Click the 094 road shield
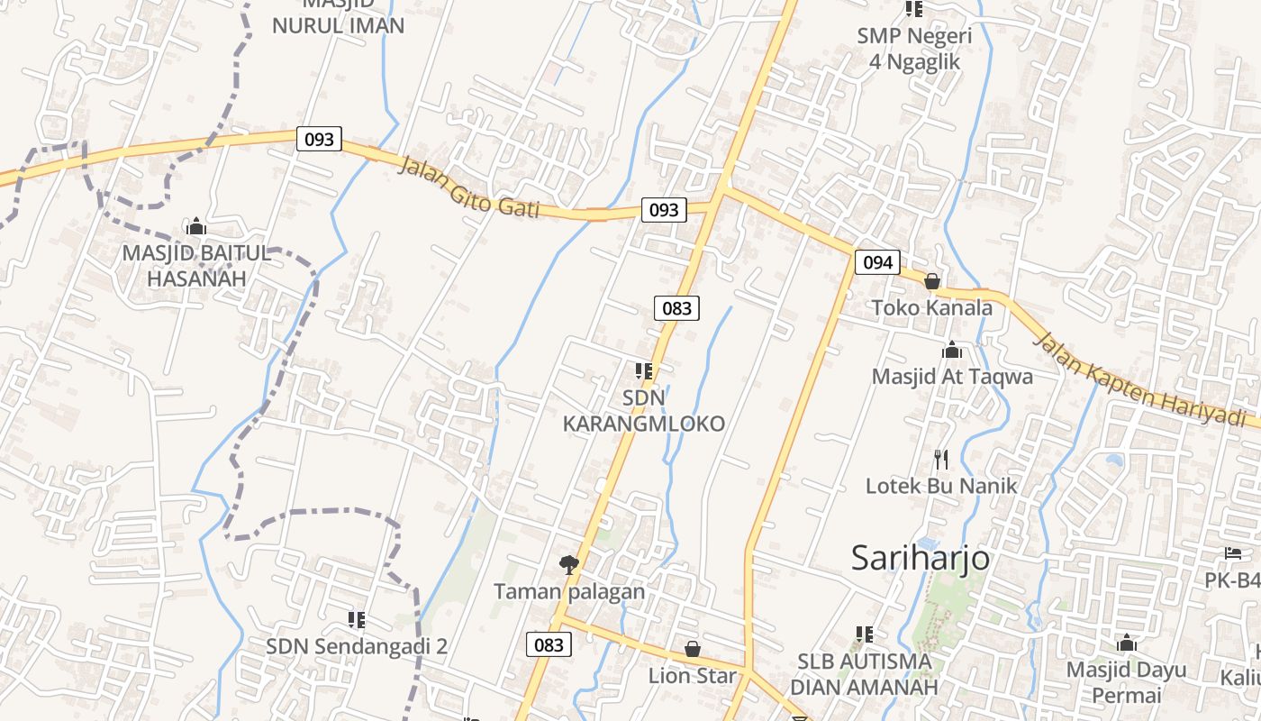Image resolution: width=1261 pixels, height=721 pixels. coord(877,262)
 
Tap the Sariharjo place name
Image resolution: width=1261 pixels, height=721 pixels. coord(921,559)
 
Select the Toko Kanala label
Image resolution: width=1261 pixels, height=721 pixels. coord(932,308)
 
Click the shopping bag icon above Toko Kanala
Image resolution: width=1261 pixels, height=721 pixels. coord(932,282)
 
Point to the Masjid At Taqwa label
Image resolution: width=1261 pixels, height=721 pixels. coord(952,377)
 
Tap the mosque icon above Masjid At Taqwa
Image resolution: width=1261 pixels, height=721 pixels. coord(952,350)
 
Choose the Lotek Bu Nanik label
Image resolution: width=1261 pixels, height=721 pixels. coord(941,487)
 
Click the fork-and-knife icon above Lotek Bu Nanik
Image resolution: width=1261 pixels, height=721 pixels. coord(941,460)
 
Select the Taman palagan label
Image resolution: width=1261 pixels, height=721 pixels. coord(569,592)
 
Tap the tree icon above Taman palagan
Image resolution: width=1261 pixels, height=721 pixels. coord(569,565)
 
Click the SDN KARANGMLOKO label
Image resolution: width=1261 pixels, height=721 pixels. coord(644,411)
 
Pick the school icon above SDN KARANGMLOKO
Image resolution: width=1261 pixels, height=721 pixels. coord(644,370)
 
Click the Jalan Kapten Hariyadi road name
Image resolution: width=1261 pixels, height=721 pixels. coord(1144,379)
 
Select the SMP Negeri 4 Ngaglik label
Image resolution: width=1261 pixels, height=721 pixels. coord(914,49)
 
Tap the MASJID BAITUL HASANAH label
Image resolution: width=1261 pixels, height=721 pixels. coord(196,266)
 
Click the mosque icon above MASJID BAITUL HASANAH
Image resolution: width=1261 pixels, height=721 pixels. coord(196,226)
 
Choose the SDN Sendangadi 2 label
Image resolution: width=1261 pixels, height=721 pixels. coord(357,646)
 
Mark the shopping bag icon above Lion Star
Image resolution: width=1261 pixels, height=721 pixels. coord(693,649)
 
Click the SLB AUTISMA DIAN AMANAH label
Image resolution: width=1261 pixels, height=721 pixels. coord(864,674)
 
